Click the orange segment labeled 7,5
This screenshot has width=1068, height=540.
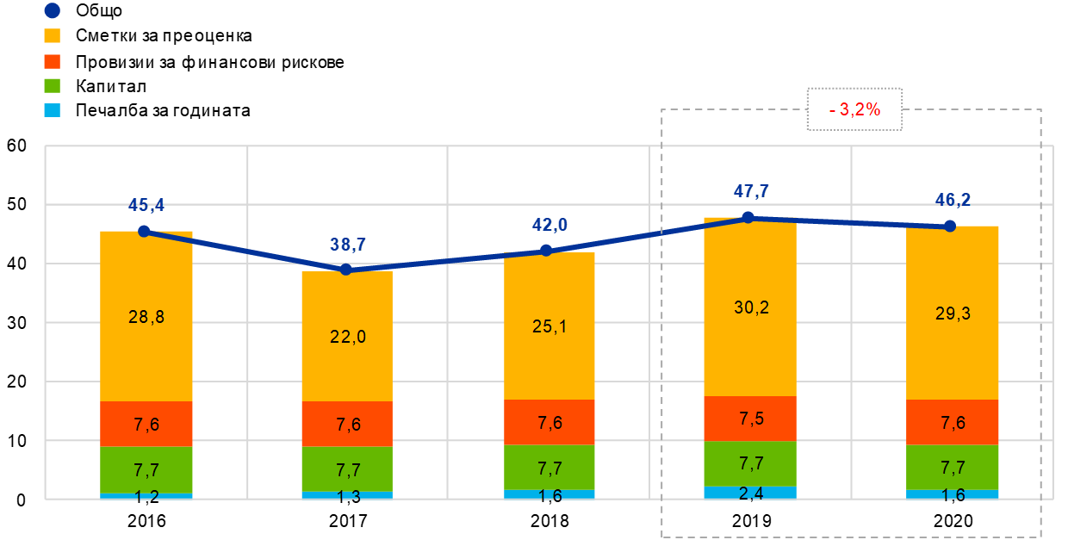pos(749,419)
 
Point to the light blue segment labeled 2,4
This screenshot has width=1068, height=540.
pos(749,493)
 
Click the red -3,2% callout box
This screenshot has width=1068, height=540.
pos(854,109)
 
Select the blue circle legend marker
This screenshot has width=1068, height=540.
pos(52,11)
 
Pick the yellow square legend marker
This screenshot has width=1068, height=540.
pos(52,36)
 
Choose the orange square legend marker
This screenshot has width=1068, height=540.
pos(52,61)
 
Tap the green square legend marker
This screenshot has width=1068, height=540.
pos(52,86)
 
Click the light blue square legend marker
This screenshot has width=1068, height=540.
pos(52,110)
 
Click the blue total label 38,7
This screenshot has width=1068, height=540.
pos(347,245)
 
